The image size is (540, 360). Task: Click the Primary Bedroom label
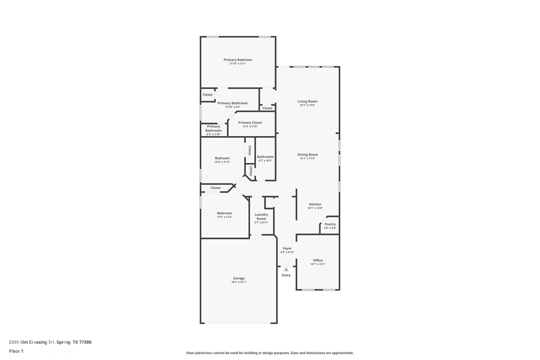click(238, 60)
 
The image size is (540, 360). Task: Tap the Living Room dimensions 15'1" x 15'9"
click(307, 105)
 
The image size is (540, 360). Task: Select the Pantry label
click(330, 224)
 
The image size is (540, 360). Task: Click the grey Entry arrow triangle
click(286, 269)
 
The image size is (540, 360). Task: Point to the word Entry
click(286, 275)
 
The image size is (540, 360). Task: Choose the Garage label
click(239, 278)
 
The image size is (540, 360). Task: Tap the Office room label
click(318, 260)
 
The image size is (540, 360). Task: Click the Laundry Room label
click(261, 217)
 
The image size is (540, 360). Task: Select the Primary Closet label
click(250, 123)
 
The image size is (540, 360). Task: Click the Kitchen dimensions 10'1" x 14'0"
click(315, 208)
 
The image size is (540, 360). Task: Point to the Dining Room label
click(307, 154)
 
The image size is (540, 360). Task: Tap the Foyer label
click(287, 248)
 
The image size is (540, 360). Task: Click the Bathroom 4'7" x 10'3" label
click(265, 157)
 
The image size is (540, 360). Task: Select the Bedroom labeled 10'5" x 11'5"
click(222, 158)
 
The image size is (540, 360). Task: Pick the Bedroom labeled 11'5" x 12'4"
click(224, 213)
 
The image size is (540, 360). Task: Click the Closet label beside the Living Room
click(267, 108)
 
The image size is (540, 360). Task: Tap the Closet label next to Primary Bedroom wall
click(208, 95)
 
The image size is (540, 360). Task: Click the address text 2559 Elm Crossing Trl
click(32, 342)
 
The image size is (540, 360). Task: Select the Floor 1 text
click(16, 351)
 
